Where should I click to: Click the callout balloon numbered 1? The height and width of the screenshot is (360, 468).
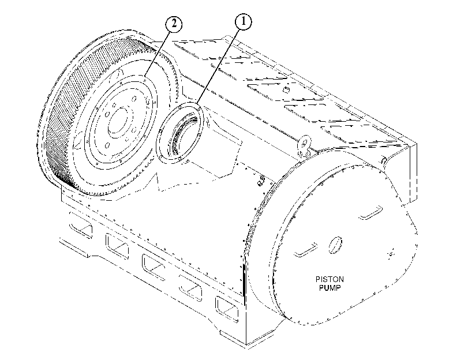(x=244, y=22)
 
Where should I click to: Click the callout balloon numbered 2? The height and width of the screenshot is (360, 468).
(x=174, y=24)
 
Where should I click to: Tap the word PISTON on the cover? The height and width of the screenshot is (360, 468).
(x=330, y=279)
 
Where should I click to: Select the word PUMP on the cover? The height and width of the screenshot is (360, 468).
(x=330, y=288)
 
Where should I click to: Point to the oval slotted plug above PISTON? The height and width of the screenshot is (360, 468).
(x=335, y=245)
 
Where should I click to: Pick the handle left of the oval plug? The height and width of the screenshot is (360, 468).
(x=306, y=250)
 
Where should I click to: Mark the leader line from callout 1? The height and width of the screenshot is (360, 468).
(x=219, y=66)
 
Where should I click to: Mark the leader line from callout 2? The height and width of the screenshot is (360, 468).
(x=158, y=52)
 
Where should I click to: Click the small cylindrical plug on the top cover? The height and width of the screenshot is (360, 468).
(x=286, y=89)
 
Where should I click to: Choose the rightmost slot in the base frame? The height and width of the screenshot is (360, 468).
(x=227, y=308)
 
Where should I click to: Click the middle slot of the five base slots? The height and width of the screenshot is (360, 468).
(x=153, y=268)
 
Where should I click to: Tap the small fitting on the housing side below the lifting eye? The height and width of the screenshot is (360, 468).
(x=261, y=181)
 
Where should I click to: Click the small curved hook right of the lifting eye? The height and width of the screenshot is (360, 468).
(x=384, y=160)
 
